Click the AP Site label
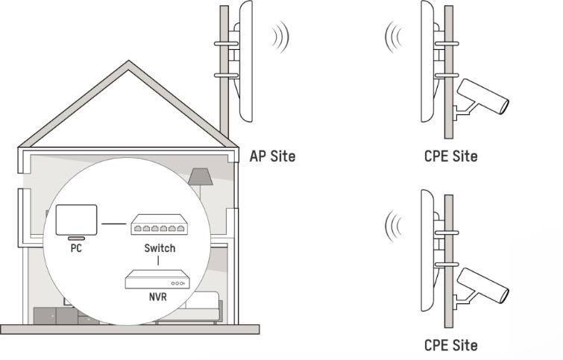tap(272, 157)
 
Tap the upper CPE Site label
tap(450, 157)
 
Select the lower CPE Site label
tap(450, 345)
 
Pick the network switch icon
tap(158, 224)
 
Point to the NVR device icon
tap(158, 280)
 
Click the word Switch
tap(159, 247)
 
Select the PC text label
tap(76, 248)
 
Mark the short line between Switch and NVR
tap(158, 262)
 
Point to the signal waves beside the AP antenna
tap(280, 35)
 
